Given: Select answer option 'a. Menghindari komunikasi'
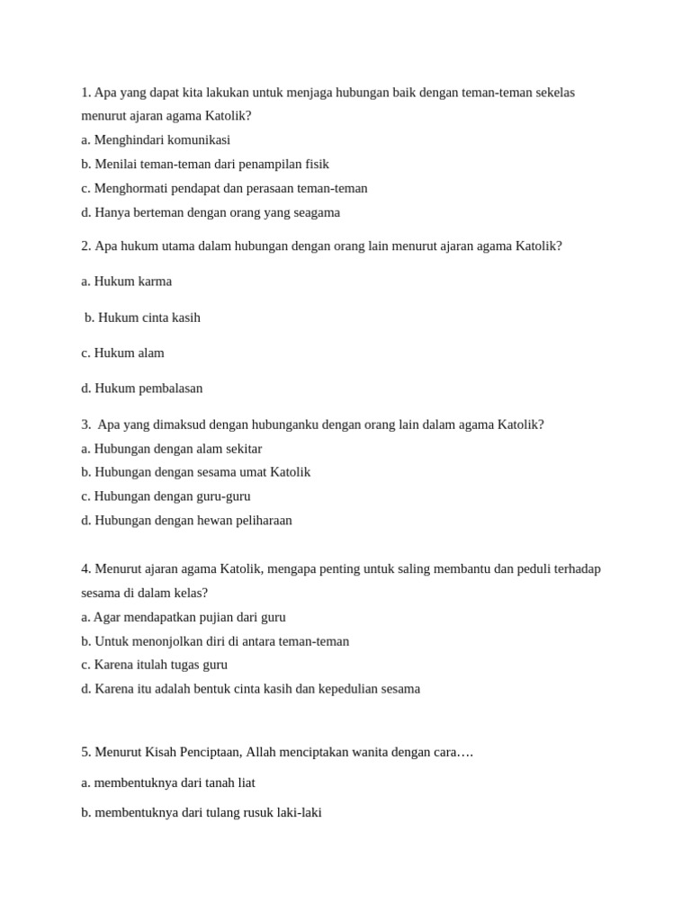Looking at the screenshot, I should point(156,139).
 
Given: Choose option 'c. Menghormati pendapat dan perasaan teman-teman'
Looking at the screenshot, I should point(224,188).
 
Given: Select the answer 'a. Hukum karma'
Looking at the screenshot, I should point(126,281).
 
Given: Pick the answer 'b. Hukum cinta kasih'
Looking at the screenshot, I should point(142,317).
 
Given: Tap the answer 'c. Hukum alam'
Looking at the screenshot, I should point(122,353).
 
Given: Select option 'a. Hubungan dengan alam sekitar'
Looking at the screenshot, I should point(171,448).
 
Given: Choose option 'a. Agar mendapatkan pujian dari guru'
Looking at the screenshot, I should point(184,617).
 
